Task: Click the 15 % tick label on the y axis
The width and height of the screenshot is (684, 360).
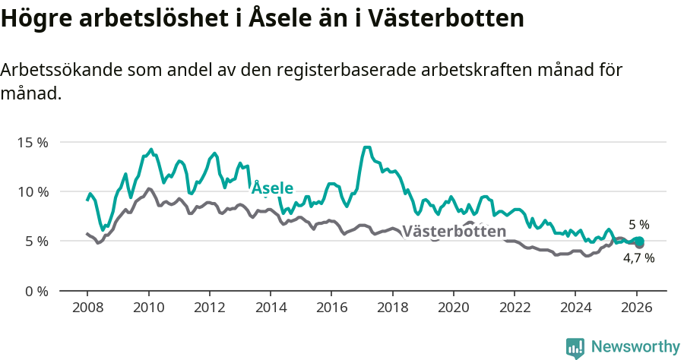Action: point(32,142)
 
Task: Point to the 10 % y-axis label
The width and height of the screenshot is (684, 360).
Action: point(32,191)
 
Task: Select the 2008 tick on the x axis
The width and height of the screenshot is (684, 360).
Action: point(87,309)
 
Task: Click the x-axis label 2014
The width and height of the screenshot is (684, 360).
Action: point(270,309)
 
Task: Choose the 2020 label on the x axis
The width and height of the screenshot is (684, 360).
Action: point(453,309)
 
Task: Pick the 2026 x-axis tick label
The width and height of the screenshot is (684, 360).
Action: point(636,309)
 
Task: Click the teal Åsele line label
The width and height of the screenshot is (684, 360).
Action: point(272,188)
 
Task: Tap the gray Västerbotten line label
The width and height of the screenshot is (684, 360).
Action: point(454,232)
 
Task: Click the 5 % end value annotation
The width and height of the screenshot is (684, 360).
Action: point(639,225)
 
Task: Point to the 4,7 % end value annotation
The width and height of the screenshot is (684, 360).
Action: point(638,258)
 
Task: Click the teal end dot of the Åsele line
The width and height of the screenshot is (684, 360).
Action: point(639,242)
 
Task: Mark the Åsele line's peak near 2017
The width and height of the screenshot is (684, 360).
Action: point(366,147)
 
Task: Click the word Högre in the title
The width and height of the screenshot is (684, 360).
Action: point(34,19)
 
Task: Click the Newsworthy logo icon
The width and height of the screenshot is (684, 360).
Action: point(575,348)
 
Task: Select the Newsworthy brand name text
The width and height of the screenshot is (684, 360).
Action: point(635,347)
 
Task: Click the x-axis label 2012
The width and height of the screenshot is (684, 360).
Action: point(209,309)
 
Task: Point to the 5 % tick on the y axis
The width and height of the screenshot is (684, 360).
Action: point(36,242)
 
